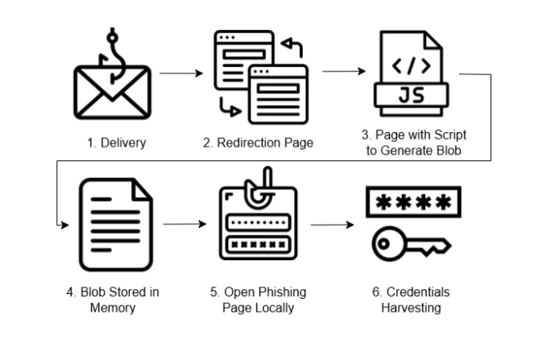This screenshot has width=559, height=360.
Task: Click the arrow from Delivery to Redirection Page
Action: click(181, 72)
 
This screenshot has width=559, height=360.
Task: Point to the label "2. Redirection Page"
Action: click(258, 143)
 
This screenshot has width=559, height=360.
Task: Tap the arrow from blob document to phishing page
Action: click(184, 224)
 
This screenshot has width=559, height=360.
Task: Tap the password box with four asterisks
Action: click(409, 203)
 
